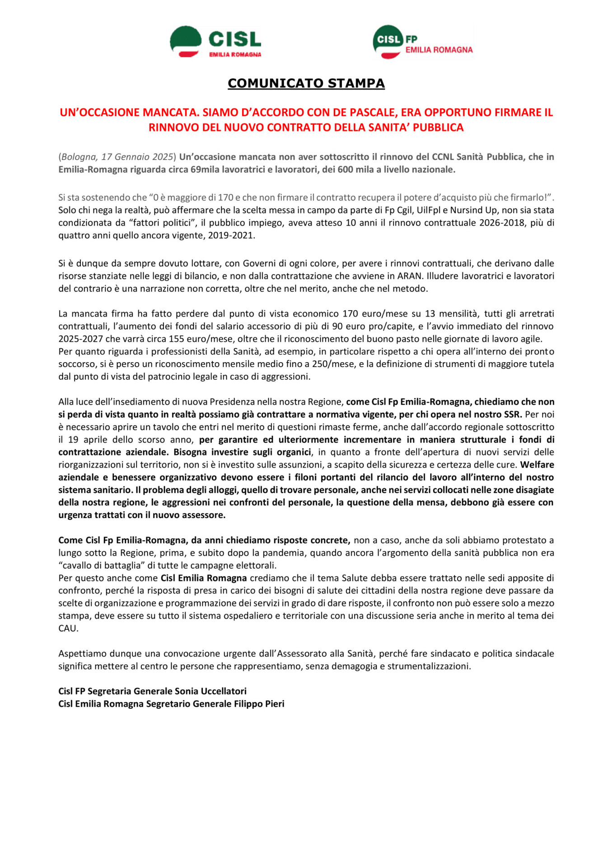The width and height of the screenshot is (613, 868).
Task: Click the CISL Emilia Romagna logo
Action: pos(215,42)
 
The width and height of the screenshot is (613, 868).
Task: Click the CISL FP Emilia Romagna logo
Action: pos(422,42)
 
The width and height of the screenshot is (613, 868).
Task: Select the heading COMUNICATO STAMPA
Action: pos(306,83)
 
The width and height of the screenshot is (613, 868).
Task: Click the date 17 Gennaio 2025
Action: pos(137,157)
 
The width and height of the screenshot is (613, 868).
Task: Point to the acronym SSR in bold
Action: pos(513,414)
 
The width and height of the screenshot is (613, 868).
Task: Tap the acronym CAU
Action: pos(68,628)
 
